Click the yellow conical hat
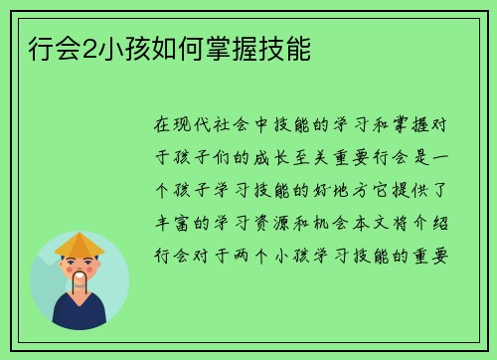pyautogui.click(x=80, y=245)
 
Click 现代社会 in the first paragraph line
pyautogui.click(x=211, y=125)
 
